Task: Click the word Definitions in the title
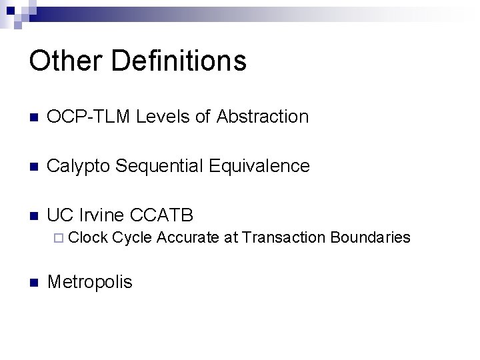coord(180,61)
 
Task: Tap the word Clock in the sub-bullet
coord(89,237)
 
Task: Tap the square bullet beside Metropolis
coord(35,282)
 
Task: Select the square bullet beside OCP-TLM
coord(35,117)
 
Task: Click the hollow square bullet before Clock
coord(62,238)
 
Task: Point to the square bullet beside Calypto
coord(35,167)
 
